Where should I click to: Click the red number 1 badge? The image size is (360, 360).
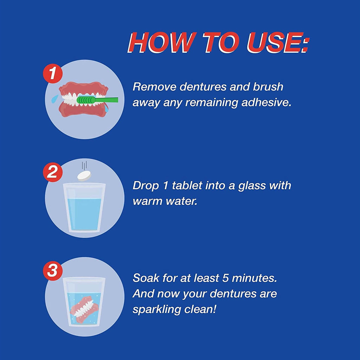[53, 74]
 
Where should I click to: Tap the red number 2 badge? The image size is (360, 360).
[53, 172]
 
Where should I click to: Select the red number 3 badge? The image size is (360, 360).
[53, 270]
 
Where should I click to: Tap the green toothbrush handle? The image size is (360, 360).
[107, 100]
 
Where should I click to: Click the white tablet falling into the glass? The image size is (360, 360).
[84, 176]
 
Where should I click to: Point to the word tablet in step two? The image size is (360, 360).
[187, 186]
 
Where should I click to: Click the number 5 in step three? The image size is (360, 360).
[226, 278]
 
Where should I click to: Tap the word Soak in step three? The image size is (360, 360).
[146, 278]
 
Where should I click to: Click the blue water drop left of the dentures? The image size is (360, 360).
[54, 99]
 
